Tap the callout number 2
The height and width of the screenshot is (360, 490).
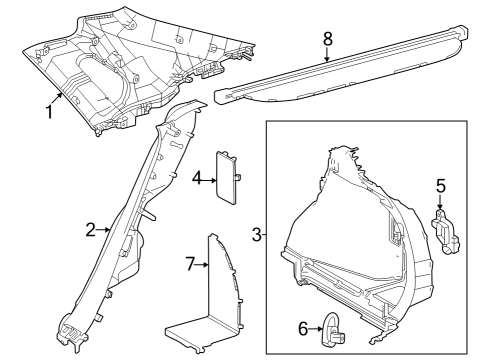[90, 230]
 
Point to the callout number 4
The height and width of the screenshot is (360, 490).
[198, 178]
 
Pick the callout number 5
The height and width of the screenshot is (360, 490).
[439, 185]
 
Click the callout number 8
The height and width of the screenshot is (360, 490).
[326, 41]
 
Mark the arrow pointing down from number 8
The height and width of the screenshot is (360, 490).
[326, 54]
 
